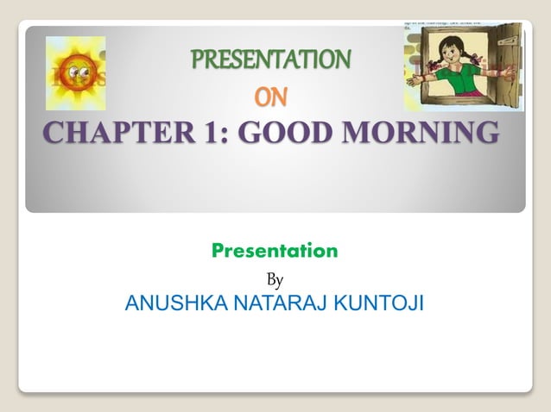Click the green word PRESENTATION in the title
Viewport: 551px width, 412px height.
[x=270, y=60]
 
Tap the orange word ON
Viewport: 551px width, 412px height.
[x=271, y=98]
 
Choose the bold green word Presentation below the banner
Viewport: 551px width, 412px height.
[x=275, y=252]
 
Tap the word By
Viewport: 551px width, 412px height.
[x=275, y=279]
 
